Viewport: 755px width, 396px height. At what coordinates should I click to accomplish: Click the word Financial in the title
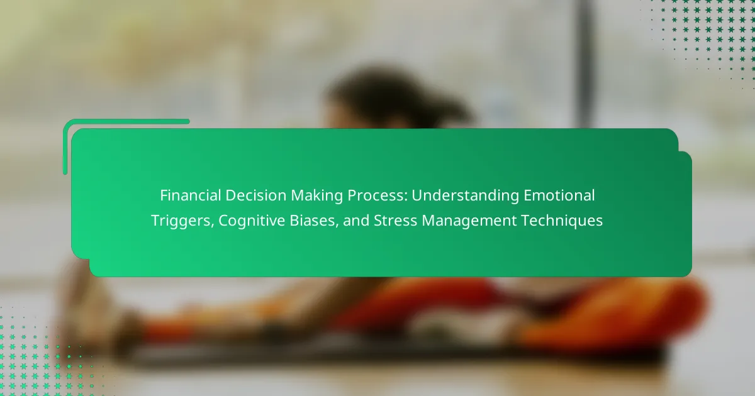point(190,195)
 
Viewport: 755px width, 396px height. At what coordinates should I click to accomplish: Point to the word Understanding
point(465,196)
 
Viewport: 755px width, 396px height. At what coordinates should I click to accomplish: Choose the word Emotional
point(559,195)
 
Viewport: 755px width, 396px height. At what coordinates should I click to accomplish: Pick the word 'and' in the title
point(356,221)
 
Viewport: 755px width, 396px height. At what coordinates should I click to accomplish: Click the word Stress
point(395,221)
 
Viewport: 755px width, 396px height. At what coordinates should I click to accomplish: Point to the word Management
point(469,221)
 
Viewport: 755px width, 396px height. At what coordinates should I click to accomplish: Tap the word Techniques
point(562,221)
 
